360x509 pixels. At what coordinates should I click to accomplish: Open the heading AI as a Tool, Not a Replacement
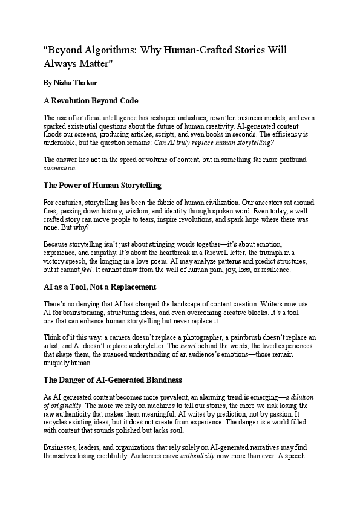(100, 287)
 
